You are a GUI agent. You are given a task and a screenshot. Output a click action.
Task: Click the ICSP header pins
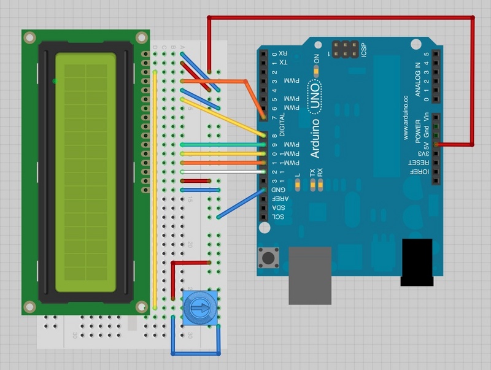tap(346, 49)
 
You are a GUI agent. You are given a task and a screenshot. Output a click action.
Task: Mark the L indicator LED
tap(298, 185)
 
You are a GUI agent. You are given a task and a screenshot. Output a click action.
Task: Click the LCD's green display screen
tap(85, 172)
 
